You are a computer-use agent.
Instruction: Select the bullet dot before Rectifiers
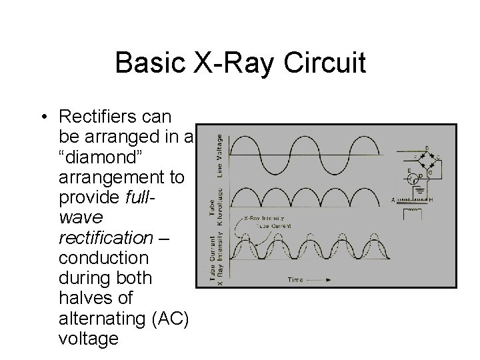click(x=42, y=117)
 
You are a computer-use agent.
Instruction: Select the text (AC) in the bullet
click(x=171, y=319)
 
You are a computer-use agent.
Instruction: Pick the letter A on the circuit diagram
click(x=393, y=199)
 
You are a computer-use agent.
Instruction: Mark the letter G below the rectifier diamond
click(x=431, y=173)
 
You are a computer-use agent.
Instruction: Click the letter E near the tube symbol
click(x=409, y=170)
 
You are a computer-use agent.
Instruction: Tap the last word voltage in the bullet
click(x=89, y=338)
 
